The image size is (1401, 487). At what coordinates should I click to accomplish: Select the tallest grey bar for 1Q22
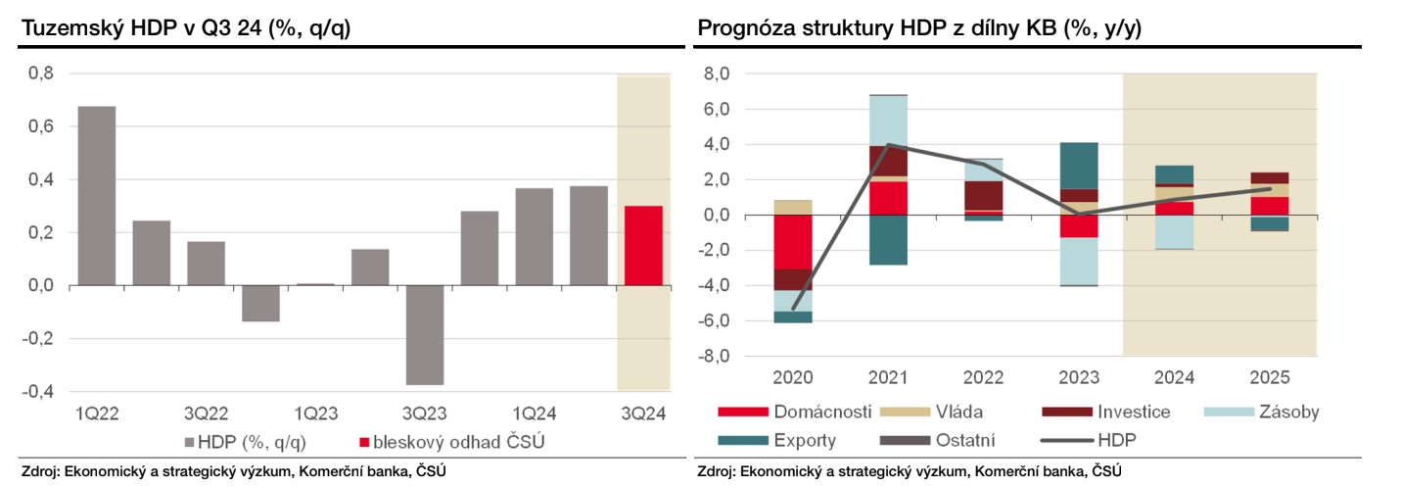(97, 195)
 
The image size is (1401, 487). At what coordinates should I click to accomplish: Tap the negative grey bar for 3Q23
(425, 335)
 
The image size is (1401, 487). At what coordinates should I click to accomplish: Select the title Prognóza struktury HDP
(918, 27)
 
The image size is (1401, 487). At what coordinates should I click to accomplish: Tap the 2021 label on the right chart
(888, 377)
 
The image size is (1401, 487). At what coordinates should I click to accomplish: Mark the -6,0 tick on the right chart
(716, 321)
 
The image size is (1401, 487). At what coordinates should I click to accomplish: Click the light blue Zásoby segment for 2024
(1173, 232)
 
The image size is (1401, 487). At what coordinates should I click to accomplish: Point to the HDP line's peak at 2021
(888, 145)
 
